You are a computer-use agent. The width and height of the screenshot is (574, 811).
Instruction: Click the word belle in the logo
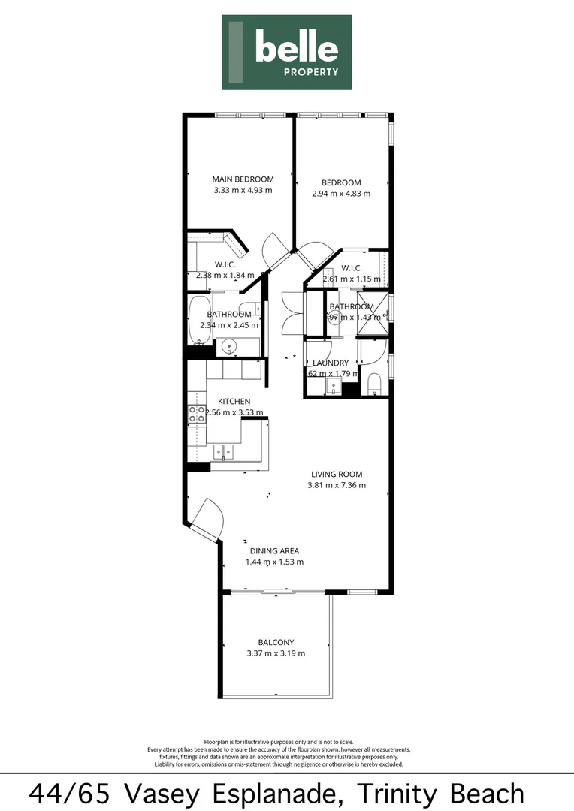[296, 48]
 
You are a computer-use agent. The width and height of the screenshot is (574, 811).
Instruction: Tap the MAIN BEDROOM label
[243, 179]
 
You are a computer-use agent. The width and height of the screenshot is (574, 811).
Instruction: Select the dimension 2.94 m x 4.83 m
[341, 194]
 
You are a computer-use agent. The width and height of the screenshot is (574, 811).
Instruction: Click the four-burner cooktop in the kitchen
[197, 414]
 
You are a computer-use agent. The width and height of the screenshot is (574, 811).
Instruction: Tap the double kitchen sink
[223, 452]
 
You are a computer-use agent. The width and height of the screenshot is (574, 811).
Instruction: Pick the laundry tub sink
[333, 387]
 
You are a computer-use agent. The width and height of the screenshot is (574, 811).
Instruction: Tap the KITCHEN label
[234, 402]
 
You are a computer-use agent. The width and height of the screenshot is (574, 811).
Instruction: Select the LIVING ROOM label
[337, 474]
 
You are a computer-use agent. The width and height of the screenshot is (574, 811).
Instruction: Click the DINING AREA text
[274, 550]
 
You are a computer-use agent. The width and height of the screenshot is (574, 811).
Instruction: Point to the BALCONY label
[276, 642]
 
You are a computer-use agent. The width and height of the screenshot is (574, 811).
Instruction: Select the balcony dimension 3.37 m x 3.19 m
[276, 653]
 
